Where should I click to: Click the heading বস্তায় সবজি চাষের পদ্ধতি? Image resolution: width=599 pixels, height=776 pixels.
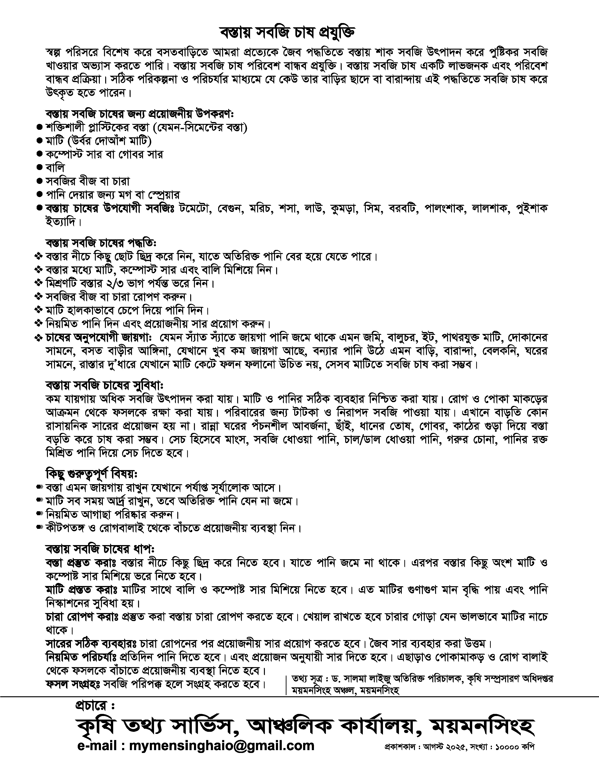tap(101, 243)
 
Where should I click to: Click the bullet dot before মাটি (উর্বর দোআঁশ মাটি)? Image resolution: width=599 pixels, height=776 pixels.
tap(39, 141)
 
